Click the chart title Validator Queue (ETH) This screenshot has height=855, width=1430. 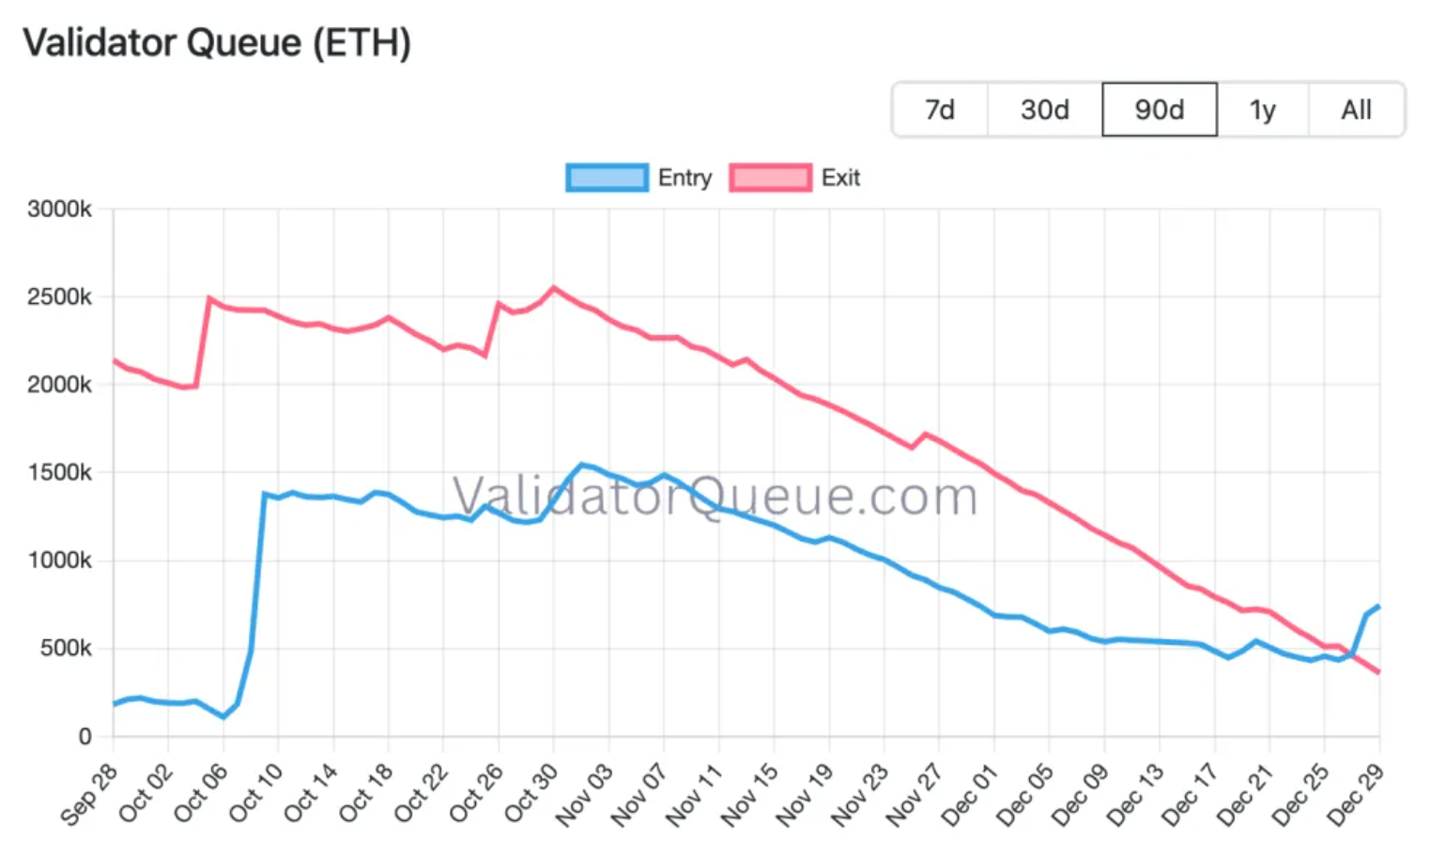point(217,43)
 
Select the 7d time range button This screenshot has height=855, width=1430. point(940,110)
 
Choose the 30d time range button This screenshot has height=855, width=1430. point(1045,110)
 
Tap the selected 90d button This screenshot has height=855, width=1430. point(1160,110)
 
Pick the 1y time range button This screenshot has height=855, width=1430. point(1263,110)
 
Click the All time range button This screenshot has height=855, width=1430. point(1356,110)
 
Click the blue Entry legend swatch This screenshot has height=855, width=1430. point(607,177)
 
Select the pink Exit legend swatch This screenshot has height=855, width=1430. point(770,177)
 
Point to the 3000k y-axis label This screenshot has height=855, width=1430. point(59,209)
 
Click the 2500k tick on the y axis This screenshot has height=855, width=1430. point(59,298)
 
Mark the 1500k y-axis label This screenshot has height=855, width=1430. point(59,473)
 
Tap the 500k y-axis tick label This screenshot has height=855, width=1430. point(66,649)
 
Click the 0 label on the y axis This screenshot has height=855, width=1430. point(85,737)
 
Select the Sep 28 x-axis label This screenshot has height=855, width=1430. point(91,793)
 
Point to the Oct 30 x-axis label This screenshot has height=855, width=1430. point(531,793)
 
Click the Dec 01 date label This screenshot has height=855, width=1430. point(971,793)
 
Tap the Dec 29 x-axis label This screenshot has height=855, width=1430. point(1356,793)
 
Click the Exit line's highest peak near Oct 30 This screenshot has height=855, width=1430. point(553,287)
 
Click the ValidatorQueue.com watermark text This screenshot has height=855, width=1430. point(715,496)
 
